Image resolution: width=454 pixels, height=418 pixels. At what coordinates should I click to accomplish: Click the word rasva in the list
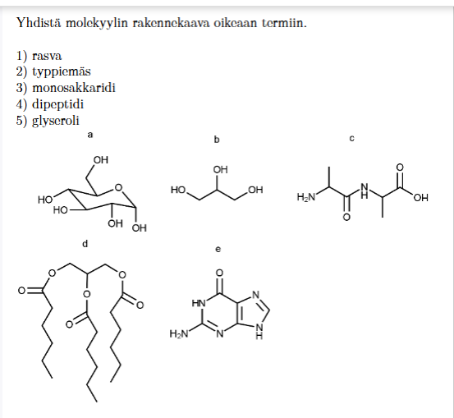click(47, 56)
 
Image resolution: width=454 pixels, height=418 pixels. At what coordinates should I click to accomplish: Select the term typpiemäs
click(62, 72)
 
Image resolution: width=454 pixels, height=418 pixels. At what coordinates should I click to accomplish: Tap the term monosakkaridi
click(74, 88)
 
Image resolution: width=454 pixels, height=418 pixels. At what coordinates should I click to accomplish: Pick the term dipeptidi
click(58, 104)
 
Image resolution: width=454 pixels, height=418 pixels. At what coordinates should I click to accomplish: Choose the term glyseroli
click(56, 121)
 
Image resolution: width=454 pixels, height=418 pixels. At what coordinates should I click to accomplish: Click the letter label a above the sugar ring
click(90, 135)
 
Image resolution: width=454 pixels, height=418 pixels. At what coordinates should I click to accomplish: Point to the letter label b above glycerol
click(217, 140)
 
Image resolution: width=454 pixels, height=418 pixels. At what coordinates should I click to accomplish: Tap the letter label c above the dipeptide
click(352, 139)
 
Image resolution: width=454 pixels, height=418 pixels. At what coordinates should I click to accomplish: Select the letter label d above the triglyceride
click(85, 244)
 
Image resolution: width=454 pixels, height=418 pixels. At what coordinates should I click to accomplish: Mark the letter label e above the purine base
click(218, 249)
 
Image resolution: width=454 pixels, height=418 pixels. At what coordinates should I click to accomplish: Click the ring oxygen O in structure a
click(118, 188)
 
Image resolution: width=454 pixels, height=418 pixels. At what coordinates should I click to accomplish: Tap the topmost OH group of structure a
click(101, 160)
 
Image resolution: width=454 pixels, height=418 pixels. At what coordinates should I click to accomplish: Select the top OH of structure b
click(221, 170)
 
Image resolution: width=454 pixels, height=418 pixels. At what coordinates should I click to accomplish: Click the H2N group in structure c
click(305, 197)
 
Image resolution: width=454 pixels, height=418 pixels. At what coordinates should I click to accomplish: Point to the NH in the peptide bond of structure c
click(365, 191)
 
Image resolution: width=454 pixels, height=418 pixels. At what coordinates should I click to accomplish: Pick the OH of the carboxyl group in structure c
click(420, 198)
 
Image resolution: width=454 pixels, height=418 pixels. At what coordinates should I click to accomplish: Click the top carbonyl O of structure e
click(219, 273)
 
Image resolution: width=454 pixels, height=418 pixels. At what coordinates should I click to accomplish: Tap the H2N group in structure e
click(179, 334)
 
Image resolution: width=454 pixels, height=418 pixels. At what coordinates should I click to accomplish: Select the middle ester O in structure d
click(86, 295)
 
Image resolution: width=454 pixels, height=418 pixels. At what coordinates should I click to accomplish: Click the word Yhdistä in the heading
click(39, 23)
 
